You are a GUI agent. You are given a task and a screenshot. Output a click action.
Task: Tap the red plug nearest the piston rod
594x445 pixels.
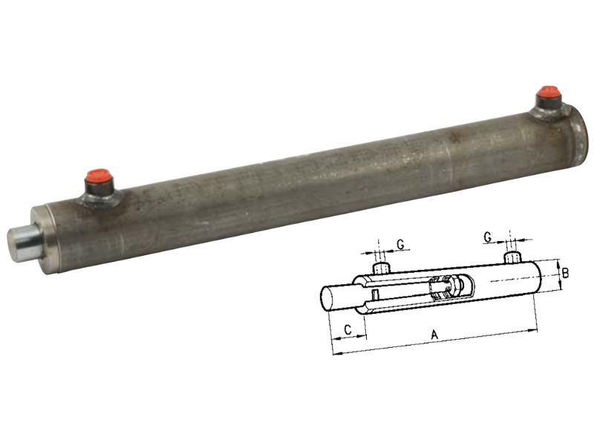coord(98,180)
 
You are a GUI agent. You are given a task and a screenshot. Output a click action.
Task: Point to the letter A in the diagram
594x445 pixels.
coord(436,336)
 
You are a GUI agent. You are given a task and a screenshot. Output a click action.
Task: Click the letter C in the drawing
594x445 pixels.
coord(347,329)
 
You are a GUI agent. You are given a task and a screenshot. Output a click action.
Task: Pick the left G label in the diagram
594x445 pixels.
coord(400,243)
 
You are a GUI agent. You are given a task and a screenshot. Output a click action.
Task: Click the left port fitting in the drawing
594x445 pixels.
coord(381,267)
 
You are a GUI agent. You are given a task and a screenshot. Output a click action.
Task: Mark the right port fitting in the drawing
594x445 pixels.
coord(512,257)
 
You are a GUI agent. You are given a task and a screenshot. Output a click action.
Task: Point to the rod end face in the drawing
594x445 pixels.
coord(327,299)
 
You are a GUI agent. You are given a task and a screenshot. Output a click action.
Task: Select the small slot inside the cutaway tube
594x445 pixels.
coord(377,297)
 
